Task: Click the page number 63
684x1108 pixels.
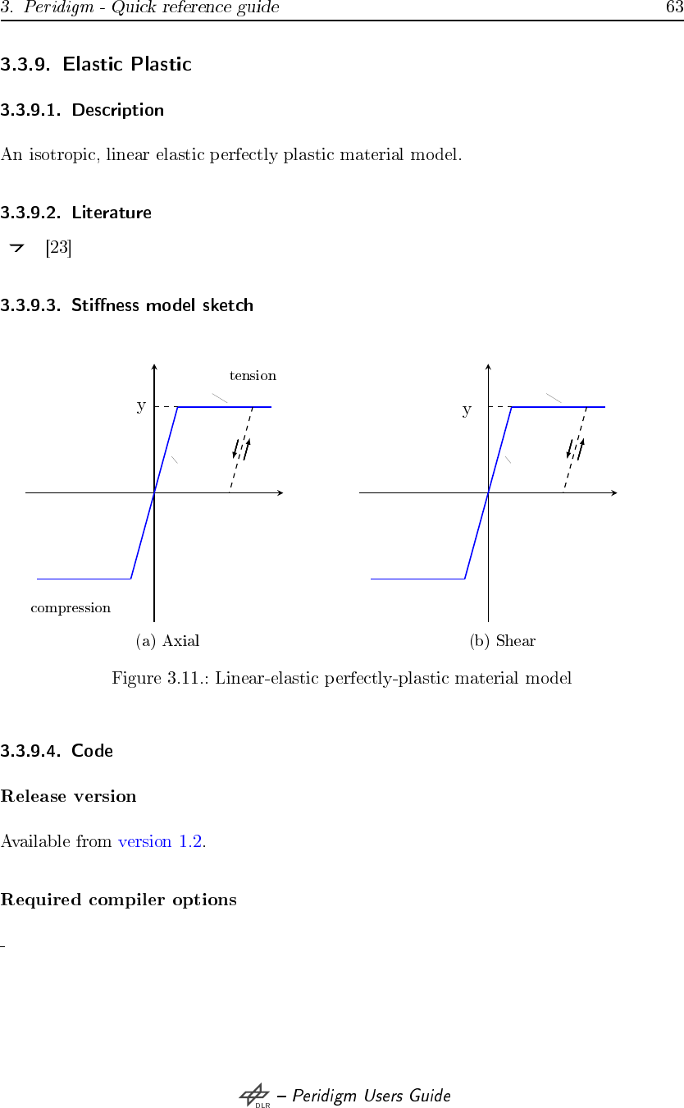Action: click(674, 8)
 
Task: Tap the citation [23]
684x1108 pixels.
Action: click(58, 247)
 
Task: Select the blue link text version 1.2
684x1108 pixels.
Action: click(161, 841)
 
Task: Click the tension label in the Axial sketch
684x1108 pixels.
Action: click(253, 376)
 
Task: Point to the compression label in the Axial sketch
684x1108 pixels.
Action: click(71, 608)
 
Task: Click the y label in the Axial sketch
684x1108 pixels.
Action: click(141, 406)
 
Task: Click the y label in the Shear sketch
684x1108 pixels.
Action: click(467, 410)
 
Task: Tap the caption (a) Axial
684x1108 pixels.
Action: click(167, 641)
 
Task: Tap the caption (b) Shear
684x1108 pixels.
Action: click(502, 641)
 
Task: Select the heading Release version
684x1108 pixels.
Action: click(69, 796)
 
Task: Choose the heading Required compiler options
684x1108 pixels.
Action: click(119, 900)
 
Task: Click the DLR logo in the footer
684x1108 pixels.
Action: click(254, 1096)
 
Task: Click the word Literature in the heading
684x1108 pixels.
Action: click(112, 213)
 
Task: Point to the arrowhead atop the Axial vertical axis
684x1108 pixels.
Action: click(154, 366)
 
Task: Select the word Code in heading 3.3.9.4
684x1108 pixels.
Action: click(92, 750)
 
